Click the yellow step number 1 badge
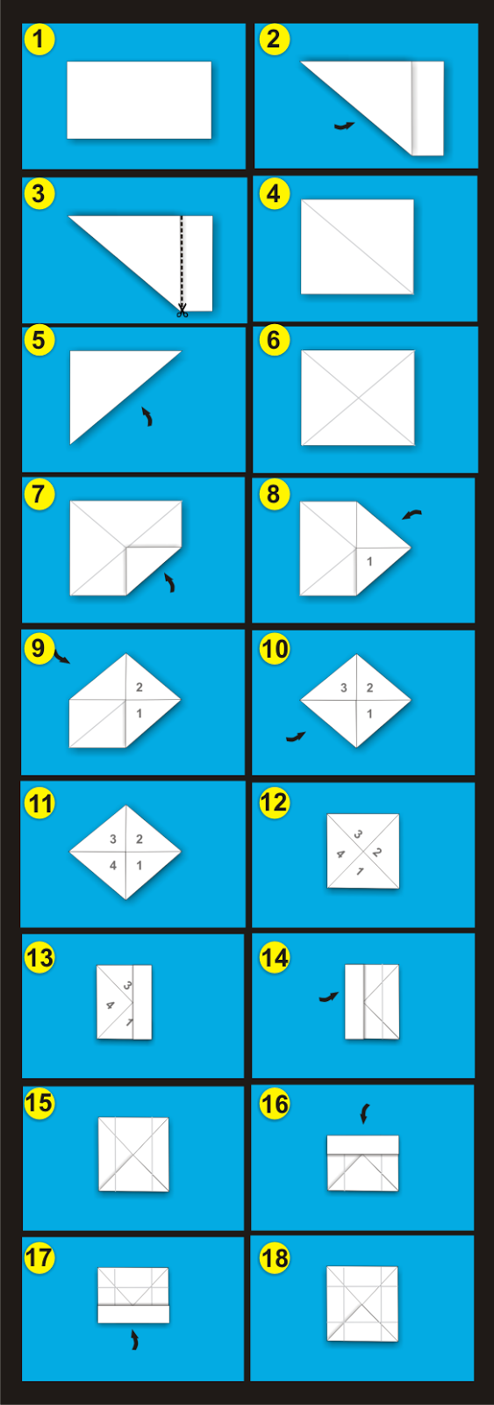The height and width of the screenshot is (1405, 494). [39, 39]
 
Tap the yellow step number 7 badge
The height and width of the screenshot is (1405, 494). [39, 494]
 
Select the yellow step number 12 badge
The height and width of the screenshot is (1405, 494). [275, 803]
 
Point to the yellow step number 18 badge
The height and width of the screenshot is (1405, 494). [275, 1257]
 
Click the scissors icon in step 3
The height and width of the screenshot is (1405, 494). [183, 310]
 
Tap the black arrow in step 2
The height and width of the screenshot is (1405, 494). [344, 126]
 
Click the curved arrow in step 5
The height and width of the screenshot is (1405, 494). [147, 416]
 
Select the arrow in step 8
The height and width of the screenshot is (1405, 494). [412, 515]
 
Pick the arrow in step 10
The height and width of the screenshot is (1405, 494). [296, 737]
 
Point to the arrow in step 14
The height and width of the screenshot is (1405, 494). [328, 997]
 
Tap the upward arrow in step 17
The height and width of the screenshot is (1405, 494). [134, 1340]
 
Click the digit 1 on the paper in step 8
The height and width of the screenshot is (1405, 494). [369, 561]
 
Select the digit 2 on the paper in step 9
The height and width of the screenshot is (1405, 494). [140, 688]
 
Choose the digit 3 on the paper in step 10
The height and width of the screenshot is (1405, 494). [344, 688]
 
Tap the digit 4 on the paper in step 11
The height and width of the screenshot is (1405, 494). [113, 866]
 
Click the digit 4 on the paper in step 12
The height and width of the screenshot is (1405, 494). [340, 854]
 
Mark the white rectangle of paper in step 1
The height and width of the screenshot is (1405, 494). [140, 100]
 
